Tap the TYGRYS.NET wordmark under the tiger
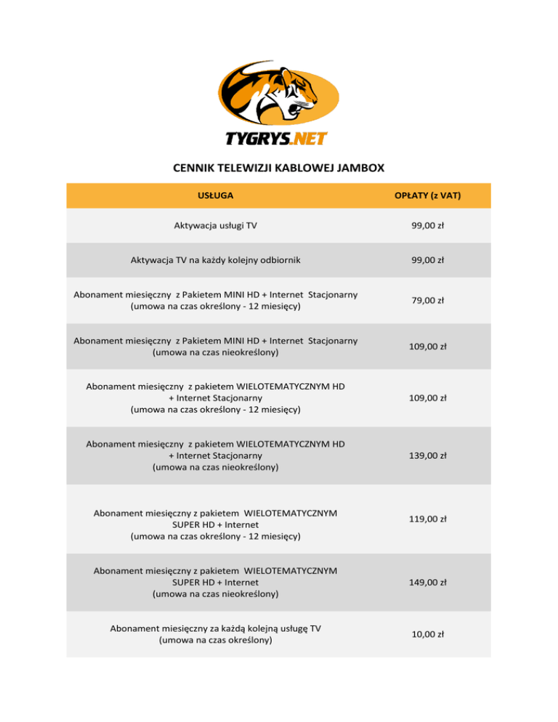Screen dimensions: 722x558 pos(279,139)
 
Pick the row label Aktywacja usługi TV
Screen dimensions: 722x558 pos(215,226)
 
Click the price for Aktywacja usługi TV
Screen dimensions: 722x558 pos(427,226)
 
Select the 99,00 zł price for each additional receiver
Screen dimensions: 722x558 pos(427,259)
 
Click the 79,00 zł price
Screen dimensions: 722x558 pos(427,300)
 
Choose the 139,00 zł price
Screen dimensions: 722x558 pos(427,455)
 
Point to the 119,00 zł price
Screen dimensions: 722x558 pos(427,519)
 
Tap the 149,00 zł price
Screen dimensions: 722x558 pos(427,582)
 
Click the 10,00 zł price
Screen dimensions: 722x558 pos(427,635)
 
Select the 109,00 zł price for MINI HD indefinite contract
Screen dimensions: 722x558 pos(427,346)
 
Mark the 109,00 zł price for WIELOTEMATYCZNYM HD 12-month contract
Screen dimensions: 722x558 pos(427,398)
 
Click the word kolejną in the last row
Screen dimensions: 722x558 pos(251,628)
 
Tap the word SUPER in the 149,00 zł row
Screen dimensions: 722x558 pos(187,583)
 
